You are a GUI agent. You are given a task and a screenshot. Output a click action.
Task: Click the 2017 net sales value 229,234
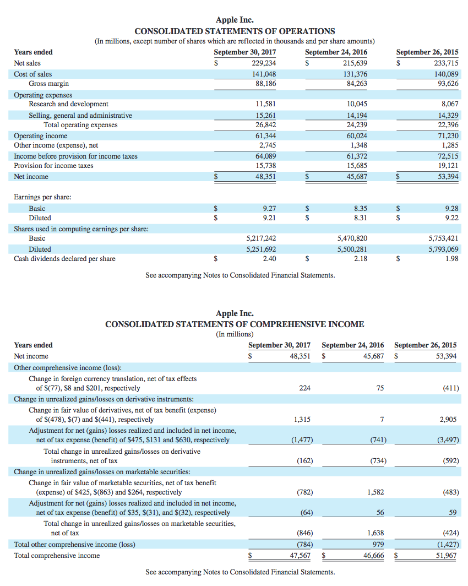263,63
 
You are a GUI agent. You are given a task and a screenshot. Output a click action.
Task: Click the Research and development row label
68,104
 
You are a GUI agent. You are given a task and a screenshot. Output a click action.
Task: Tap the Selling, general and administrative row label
80,115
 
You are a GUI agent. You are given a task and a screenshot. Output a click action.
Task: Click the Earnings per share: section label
42,197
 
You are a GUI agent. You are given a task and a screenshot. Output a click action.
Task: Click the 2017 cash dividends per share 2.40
269,258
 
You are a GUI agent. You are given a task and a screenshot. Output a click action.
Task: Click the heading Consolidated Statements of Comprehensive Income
235,324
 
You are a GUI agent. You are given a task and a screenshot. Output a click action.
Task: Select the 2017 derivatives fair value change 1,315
302,420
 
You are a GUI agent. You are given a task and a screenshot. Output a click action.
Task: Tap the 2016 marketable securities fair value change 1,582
376,492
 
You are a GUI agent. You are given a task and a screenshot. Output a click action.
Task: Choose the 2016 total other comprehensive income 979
378,545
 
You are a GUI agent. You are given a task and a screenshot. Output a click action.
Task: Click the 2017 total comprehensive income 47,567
300,556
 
